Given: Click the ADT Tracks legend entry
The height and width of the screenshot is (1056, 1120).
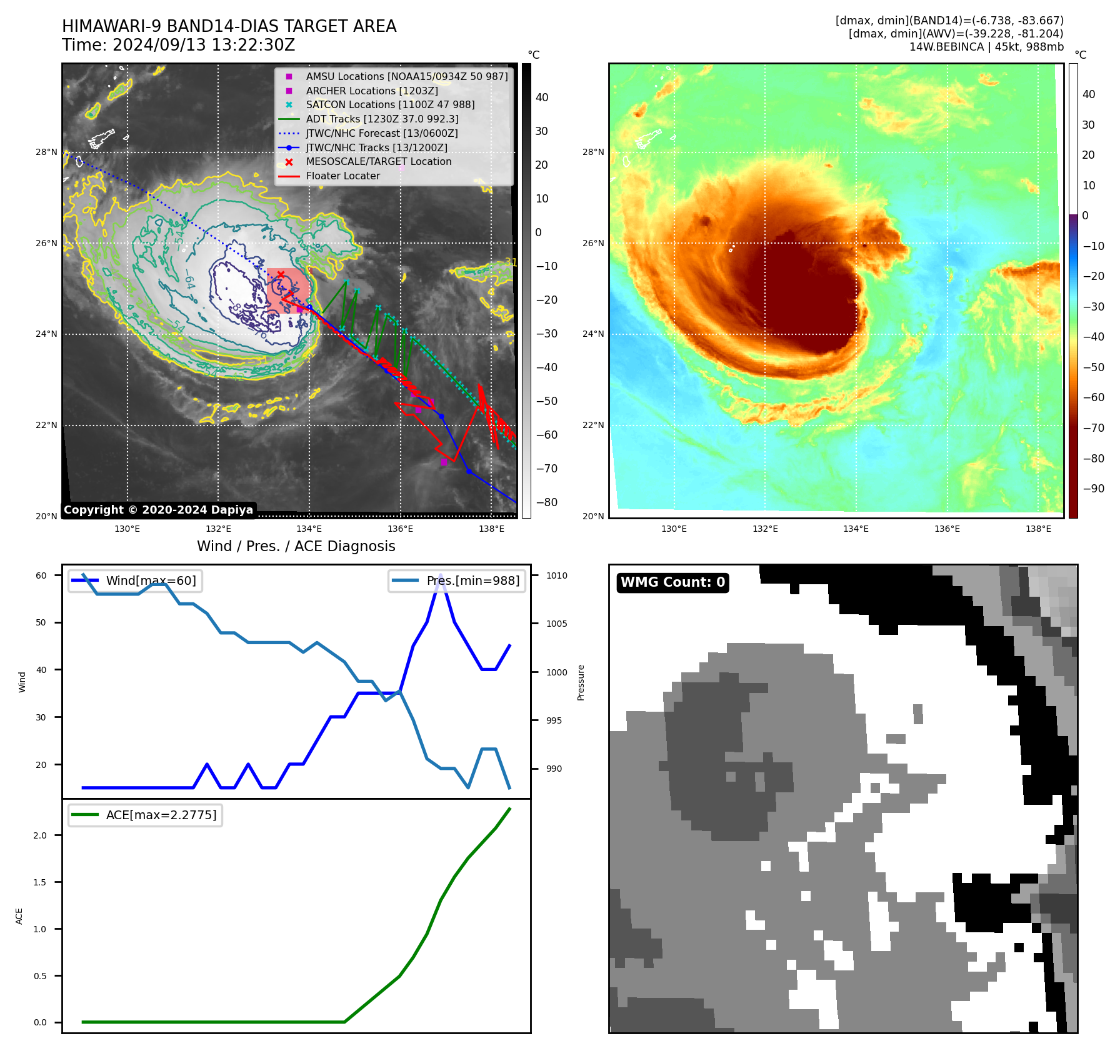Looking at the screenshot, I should tap(382, 119).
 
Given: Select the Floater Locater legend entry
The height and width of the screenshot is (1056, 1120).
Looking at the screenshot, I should tap(342, 176).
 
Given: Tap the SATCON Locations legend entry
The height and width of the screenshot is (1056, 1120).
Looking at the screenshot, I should tap(390, 105).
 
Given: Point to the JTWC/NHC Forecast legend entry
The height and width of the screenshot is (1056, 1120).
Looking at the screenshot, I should tap(381, 133).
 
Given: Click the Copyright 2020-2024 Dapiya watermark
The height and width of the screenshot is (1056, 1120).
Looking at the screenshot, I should tap(158, 510).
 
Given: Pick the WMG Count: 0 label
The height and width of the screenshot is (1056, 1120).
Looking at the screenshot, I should tap(672, 582).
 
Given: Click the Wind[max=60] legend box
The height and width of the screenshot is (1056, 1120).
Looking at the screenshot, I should tap(135, 580).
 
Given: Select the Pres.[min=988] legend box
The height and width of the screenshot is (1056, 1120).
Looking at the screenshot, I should tap(457, 580).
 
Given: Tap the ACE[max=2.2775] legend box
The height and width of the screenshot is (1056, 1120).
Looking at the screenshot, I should tap(145, 815).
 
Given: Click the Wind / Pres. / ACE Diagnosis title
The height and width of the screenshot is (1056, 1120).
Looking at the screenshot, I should tap(296, 546).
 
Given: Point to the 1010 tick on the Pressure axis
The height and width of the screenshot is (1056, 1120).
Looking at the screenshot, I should tap(557, 575).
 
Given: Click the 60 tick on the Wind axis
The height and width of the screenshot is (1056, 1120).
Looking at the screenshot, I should tap(41, 575).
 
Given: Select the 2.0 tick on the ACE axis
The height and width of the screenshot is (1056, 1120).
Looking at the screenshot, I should tap(40, 835).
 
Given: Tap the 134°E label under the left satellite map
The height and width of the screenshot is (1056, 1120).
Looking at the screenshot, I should tap(309, 529).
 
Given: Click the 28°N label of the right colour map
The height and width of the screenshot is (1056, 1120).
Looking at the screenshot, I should tap(593, 152).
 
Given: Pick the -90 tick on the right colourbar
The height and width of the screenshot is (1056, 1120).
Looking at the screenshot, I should tap(1093, 489).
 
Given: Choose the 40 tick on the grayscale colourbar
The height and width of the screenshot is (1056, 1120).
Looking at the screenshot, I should tap(542, 97).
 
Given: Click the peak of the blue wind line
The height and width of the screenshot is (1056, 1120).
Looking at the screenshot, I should tap(441, 575).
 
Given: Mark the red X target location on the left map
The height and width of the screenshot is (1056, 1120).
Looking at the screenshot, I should tap(281, 274).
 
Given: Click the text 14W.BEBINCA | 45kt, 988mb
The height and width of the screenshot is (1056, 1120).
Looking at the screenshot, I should tap(986, 47).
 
